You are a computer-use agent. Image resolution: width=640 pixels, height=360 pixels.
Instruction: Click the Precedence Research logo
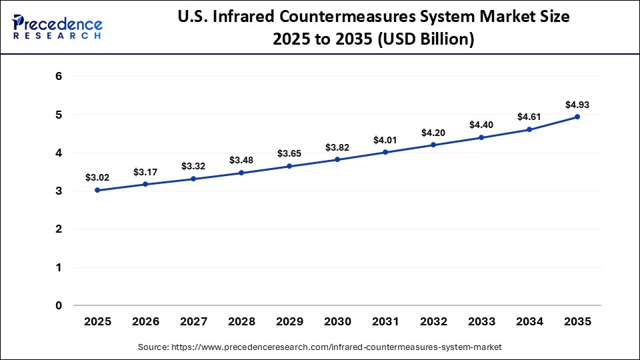click(57, 27)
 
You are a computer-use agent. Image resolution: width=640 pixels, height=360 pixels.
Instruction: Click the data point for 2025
click(97, 190)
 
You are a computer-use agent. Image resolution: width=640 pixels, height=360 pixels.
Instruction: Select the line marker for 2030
click(337, 159)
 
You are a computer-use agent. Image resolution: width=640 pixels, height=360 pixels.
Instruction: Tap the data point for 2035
click(577, 117)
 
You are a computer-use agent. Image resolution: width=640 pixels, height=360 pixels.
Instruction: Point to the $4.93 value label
click(577, 105)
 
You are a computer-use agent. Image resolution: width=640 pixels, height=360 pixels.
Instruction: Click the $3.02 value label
click(97, 177)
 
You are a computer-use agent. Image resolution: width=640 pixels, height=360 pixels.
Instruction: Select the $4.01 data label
click(385, 140)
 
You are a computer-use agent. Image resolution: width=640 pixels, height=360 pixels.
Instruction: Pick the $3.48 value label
click(241, 160)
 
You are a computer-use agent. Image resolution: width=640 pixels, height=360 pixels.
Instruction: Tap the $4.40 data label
click(481, 125)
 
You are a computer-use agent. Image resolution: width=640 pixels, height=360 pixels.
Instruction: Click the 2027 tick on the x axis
click(193, 321)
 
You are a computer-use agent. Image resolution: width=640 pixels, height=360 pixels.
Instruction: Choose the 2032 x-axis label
click(433, 321)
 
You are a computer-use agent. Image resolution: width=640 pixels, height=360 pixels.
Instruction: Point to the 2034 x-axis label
click(529, 321)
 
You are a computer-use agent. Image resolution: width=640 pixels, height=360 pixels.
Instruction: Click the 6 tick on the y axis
click(59, 77)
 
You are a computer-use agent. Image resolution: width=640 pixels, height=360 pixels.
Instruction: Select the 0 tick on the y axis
click(59, 306)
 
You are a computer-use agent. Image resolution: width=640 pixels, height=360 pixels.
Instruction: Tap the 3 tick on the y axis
click(59, 191)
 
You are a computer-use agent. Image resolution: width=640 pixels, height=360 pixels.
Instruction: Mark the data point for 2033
click(481, 137)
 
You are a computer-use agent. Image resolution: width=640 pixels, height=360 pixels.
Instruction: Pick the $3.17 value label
click(145, 172)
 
